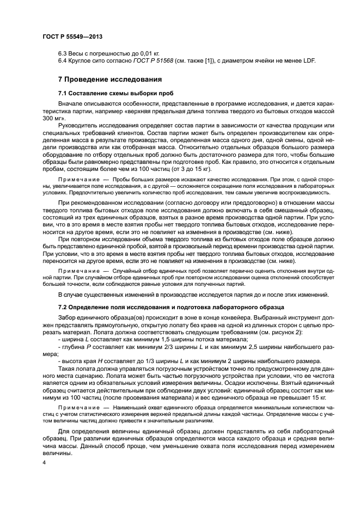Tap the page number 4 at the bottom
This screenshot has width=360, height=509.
coord(44,462)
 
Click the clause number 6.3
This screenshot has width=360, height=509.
coord(63,53)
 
